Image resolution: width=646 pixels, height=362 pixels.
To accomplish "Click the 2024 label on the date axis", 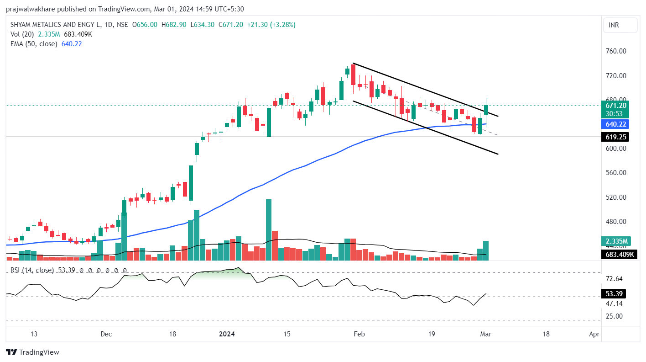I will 227,334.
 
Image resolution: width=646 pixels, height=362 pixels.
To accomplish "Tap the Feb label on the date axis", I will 359,334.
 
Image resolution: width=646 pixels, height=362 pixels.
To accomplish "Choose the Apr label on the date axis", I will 594,334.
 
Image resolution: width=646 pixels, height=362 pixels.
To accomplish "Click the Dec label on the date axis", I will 106,334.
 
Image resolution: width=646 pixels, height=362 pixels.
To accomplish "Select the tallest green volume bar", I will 269,230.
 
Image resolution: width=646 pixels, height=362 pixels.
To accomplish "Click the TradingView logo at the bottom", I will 33,352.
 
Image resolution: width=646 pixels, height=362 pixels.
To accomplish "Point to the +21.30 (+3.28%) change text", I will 271,25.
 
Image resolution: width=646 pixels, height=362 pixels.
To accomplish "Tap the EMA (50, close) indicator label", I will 34,44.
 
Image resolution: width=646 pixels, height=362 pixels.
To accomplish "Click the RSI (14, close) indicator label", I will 31,270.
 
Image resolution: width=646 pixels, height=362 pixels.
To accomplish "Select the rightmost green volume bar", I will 486,250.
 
